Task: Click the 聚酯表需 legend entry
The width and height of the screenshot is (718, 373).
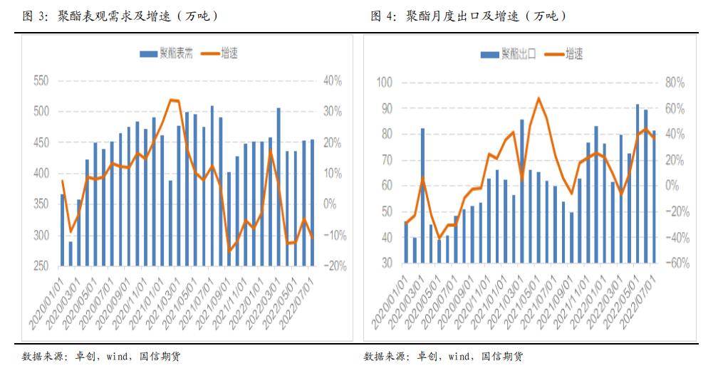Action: coord(167,53)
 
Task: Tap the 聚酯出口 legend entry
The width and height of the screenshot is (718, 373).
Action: coord(509,53)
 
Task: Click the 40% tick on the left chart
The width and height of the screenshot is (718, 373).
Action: coord(333,81)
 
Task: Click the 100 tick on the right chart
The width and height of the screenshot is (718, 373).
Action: coord(384,83)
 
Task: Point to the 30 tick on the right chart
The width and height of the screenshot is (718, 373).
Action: coord(387,263)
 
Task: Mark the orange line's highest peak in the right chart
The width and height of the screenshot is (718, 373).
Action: coord(538,98)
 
